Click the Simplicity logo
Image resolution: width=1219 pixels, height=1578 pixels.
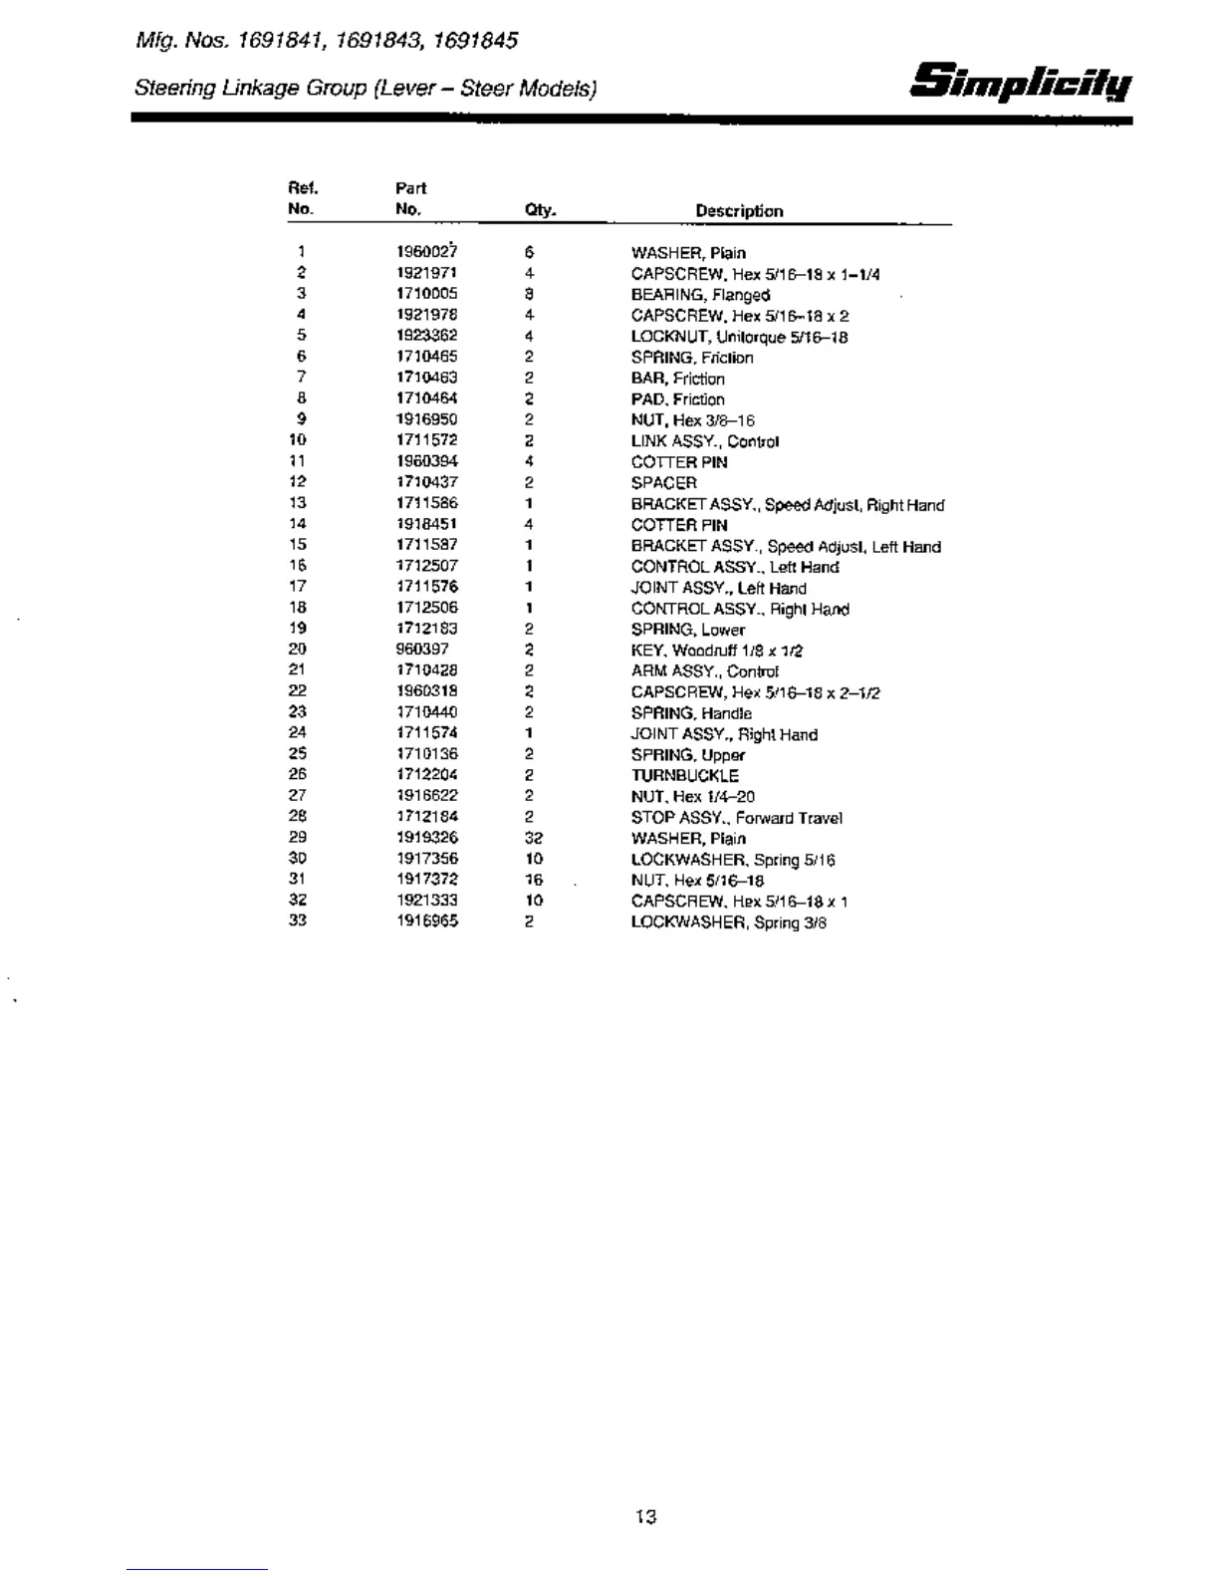[1021, 81]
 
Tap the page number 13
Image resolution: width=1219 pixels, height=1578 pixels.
[645, 1517]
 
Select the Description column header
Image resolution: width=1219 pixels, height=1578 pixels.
[739, 211]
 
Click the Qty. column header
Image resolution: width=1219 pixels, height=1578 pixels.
[540, 210]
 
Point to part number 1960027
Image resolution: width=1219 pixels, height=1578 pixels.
[427, 252]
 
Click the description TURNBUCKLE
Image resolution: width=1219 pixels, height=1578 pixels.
[685, 775]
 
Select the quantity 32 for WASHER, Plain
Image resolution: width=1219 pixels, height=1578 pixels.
[534, 838]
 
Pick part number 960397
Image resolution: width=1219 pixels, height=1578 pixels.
[422, 650]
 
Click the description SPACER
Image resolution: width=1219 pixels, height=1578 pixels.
[664, 483]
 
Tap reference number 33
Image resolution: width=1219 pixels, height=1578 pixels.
[298, 920]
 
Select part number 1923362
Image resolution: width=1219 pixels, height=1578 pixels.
[427, 336]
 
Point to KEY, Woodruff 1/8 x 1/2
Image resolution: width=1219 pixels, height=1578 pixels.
[717, 651]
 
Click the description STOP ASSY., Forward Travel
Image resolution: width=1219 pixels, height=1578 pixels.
[736, 818]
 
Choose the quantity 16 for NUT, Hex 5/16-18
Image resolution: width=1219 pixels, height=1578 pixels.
[534, 880]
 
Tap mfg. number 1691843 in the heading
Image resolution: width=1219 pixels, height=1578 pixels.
[377, 41]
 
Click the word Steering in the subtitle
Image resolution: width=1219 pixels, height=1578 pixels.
[174, 89]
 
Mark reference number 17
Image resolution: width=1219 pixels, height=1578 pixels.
[298, 587]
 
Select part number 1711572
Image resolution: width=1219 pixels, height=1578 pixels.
[427, 440]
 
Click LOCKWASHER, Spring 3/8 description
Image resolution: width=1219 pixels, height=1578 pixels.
[728, 922]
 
